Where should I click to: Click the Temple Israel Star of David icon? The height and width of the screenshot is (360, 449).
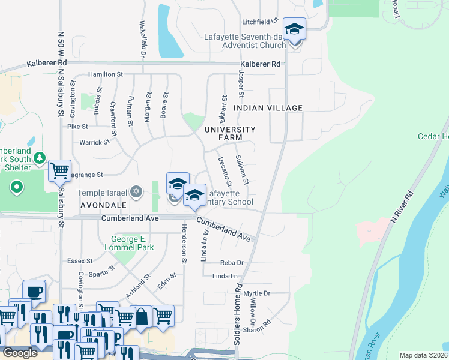[136, 192]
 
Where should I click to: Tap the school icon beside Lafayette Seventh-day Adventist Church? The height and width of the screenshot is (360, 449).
[294, 29]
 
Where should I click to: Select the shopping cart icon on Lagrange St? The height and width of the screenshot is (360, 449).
[59, 171]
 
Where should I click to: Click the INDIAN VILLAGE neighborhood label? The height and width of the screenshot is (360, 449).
[268, 107]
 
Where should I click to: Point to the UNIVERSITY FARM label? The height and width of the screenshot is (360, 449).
[230, 133]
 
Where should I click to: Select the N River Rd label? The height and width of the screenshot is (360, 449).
[402, 208]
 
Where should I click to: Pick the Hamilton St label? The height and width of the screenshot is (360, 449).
[105, 74]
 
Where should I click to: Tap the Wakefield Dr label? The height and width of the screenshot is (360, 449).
[143, 40]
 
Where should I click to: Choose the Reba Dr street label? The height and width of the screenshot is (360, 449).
[231, 263]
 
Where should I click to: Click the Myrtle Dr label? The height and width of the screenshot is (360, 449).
[258, 293]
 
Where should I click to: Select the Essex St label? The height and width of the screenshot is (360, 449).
[80, 261]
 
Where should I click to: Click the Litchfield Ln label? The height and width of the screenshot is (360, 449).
[260, 22]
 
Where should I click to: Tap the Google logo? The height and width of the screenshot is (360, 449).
[20, 353]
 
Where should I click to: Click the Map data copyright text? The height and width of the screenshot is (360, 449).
[423, 355]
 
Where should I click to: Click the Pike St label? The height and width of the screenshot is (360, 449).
[77, 127]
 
